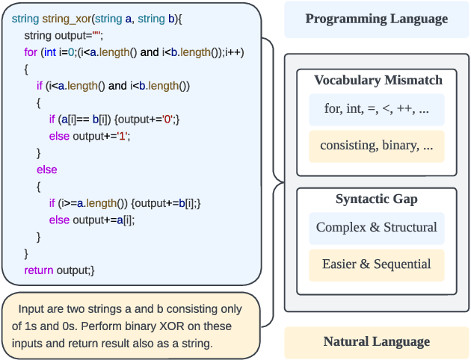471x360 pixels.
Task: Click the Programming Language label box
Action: [x=376, y=19]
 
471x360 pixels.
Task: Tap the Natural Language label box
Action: [x=376, y=342]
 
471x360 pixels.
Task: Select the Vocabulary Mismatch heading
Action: [x=378, y=80]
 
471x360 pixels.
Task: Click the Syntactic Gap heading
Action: [x=377, y=199]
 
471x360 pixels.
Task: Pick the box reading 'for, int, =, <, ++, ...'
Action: [x=376, y=109]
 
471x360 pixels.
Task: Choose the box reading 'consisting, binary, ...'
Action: [x=376, y=146]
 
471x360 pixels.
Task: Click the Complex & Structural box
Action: [x=376, y=227]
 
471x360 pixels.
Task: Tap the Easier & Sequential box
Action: [x=376, y=264]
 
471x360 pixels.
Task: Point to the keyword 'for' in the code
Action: [x=31, y=52]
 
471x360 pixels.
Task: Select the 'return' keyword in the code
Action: [x=39, y=270]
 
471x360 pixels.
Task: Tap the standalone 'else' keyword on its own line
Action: [x=46, y=170]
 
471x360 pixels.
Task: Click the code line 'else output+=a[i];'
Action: [x=92, y=220]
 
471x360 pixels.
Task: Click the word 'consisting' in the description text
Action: [x=164, y=308]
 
